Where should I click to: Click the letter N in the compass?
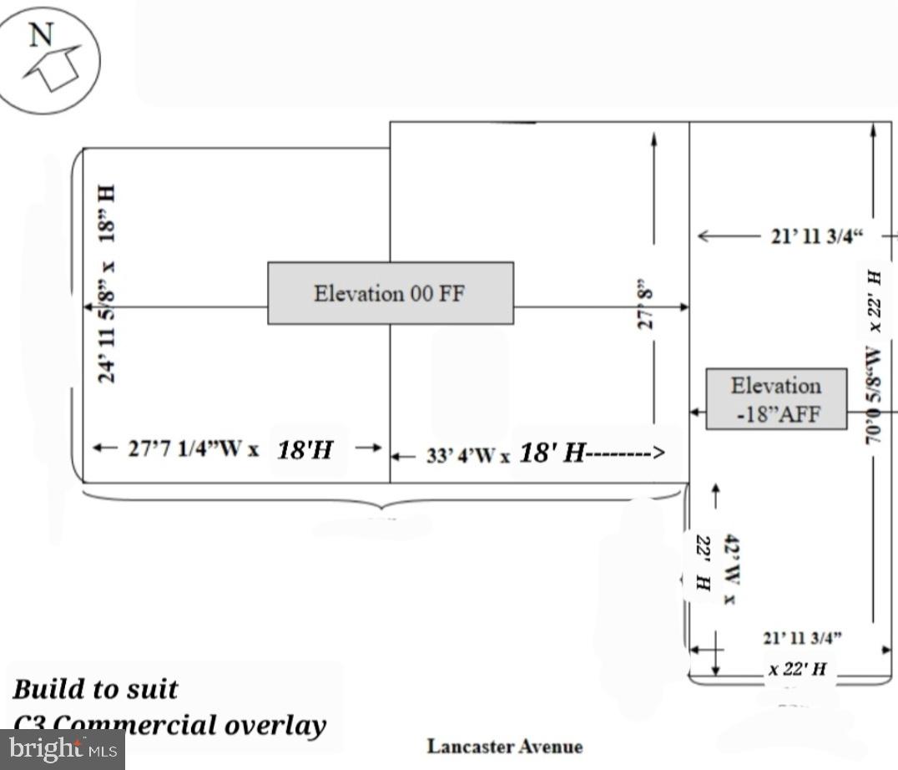click(41, 34)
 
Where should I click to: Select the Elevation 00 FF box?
click(390, 293)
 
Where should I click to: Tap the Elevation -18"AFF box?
click(776, 399)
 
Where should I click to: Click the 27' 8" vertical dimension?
click(645, 307)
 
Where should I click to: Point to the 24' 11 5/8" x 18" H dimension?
click(107, 284)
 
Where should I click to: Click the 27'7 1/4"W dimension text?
click(193, 448)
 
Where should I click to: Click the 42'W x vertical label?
click(730, 570)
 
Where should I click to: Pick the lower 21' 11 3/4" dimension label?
click(802, 639)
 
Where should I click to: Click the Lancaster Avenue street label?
click(505, 746)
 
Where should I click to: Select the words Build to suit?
click(95, 690)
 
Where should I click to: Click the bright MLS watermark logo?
click(63, 749)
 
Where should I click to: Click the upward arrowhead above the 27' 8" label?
click(653, 136)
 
